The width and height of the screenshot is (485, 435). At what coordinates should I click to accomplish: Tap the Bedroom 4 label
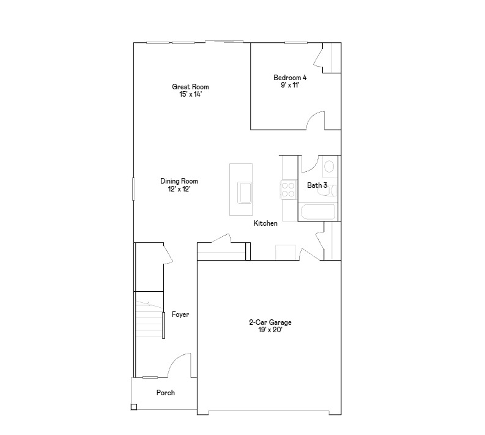coord(290,78)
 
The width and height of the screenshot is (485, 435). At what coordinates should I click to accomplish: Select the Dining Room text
coord(179,181)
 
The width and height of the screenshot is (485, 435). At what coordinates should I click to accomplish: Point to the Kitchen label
coord(266,223)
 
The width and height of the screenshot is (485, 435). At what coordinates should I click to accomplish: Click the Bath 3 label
coord(317,185)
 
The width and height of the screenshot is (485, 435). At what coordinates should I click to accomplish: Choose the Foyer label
coord(180,314)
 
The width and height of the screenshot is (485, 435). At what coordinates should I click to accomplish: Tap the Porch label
coord(165,393)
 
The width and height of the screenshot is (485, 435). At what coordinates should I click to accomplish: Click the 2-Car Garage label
coord(270,322)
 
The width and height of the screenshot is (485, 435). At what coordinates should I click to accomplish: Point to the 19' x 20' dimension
coord(270,330)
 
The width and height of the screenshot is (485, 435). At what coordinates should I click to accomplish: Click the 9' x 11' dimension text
coord(290,86)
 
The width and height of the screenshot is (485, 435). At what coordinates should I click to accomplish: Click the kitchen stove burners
coord(288,190)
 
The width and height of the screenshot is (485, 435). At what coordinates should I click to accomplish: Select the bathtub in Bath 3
coord(317,212)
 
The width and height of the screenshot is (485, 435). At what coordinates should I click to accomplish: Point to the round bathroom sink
coord(329,166)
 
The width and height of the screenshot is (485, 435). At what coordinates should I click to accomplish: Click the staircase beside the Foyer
coord(149,319)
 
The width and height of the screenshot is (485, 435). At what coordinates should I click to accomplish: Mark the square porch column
coord(134,407)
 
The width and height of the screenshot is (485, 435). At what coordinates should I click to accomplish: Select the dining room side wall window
coord(133,188)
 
